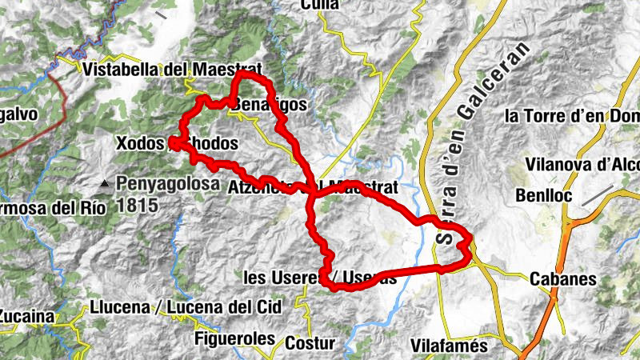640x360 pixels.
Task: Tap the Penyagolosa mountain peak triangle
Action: [x=104, y=186]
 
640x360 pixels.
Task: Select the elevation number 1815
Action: [x=136, y=204]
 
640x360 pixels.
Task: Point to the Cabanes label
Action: [x=563, y=279]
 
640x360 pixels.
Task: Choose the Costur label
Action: [x=310, y=342]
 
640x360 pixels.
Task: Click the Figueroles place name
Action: [x=234, y=338]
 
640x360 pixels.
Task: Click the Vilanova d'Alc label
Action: [x=582, y=164]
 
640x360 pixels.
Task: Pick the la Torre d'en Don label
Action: [x=572, y=116]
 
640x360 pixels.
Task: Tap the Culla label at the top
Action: [x=320, y=5]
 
